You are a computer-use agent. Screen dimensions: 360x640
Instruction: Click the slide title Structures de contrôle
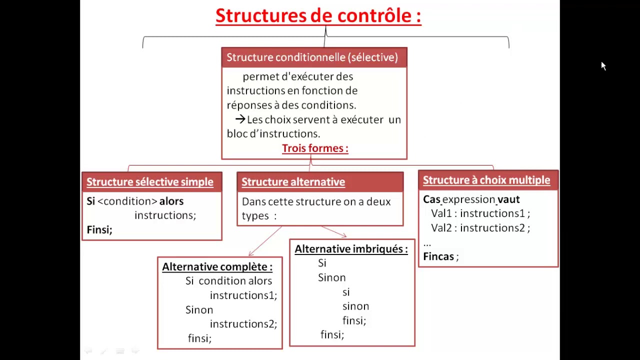point(318,16)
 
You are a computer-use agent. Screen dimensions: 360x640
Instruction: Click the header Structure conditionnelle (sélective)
point(312,57)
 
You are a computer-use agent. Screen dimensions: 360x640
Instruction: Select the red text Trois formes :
point(315,148)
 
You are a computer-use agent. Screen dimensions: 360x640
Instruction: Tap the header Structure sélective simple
point(150,182)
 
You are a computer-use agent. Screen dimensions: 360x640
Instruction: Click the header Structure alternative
point(293,182)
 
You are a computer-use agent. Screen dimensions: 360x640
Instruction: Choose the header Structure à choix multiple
point(486,180)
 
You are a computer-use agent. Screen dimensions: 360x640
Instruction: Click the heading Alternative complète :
point(217,267)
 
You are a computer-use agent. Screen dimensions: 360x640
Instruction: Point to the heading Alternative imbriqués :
point(351,249)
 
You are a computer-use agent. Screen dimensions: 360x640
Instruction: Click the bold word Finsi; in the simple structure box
point(99,229)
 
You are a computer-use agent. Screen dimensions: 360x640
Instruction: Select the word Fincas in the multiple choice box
point(438,256)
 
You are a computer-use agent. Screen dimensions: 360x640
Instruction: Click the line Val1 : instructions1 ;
point(480,213)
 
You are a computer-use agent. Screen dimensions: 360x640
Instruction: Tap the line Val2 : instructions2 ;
point(480,228)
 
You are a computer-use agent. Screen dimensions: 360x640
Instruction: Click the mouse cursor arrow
point(603,66)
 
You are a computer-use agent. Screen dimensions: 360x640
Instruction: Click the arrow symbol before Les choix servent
point(240,119)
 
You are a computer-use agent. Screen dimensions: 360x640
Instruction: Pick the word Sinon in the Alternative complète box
point(199,310)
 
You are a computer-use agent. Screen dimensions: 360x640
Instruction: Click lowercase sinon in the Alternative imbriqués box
point(355,306)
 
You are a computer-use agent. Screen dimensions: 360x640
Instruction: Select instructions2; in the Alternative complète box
point(243,324)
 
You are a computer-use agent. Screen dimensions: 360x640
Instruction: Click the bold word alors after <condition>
point(171,201)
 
